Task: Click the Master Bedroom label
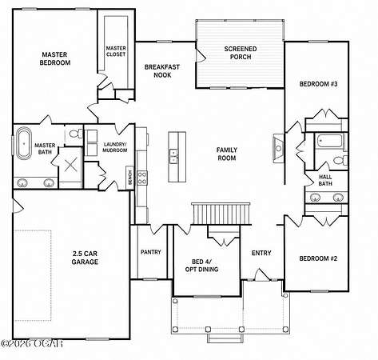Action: point(55,58)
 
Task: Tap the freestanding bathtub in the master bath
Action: point(24,143)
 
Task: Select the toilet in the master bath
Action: point(76,133)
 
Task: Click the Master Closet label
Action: point(116,51)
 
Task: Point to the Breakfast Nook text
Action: point(162,71)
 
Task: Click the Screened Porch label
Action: point(241,53)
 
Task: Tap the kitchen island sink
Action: point(173,156)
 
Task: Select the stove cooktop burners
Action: point(142,178)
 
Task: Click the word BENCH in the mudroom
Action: point(130,178)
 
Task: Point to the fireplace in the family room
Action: point(278,148)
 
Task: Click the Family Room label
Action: point(227,154)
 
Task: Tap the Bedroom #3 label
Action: point(318,84)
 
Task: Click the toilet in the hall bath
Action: point(340,161)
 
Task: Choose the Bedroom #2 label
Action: point(318,258)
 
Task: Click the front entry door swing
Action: point(262,274)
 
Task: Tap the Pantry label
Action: point(151,252)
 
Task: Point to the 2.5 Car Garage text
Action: point(85,258)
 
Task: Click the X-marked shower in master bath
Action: point(70,164)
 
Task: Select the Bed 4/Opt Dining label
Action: point(201,266)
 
